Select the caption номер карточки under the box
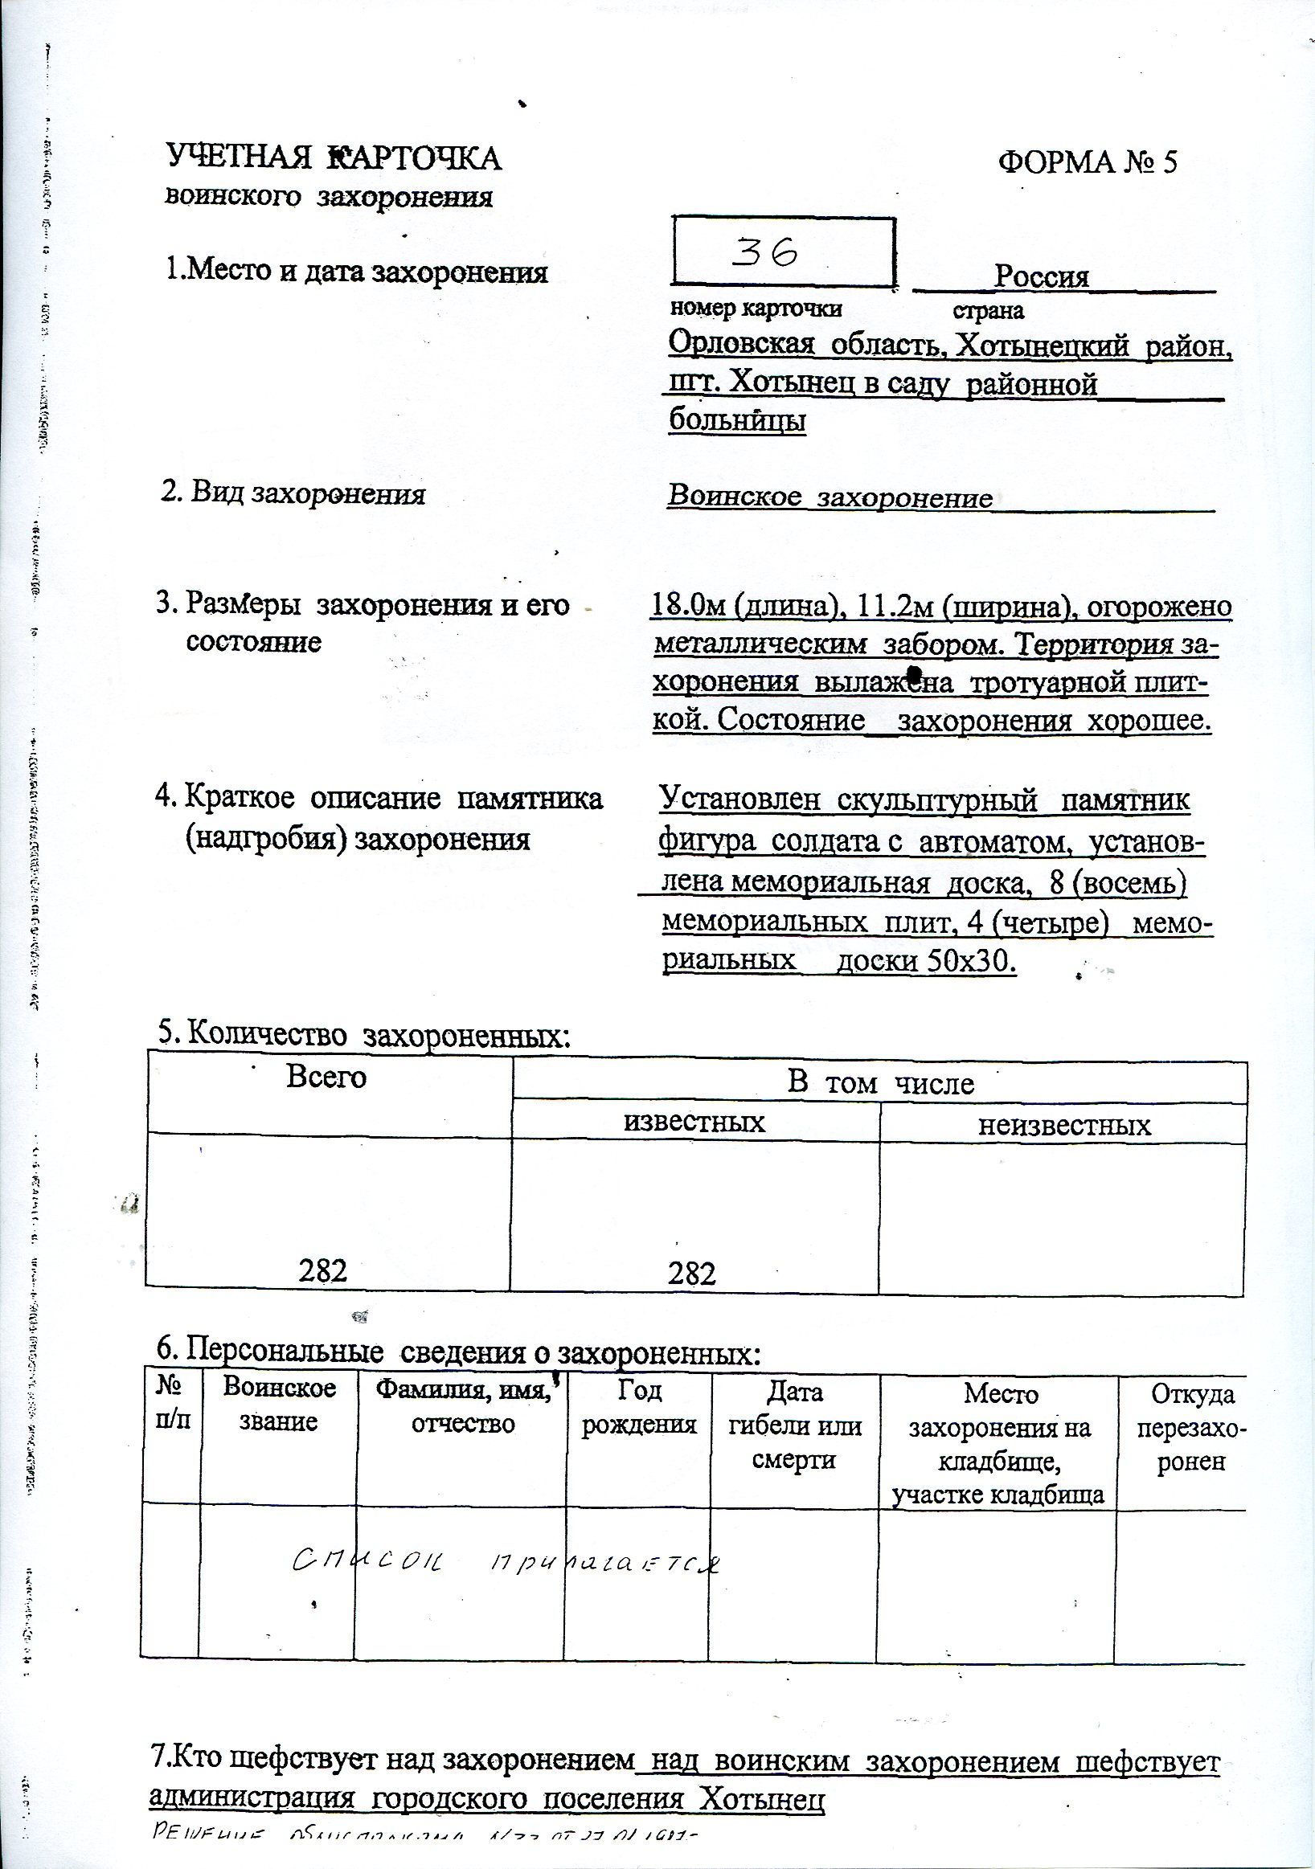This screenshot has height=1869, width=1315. [755, 309]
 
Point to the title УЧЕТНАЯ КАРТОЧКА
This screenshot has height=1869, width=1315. [334, 158]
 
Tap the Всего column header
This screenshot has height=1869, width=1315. [326, 1078]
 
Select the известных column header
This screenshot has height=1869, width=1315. [694, 1122]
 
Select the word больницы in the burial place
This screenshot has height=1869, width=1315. [737, 420]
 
